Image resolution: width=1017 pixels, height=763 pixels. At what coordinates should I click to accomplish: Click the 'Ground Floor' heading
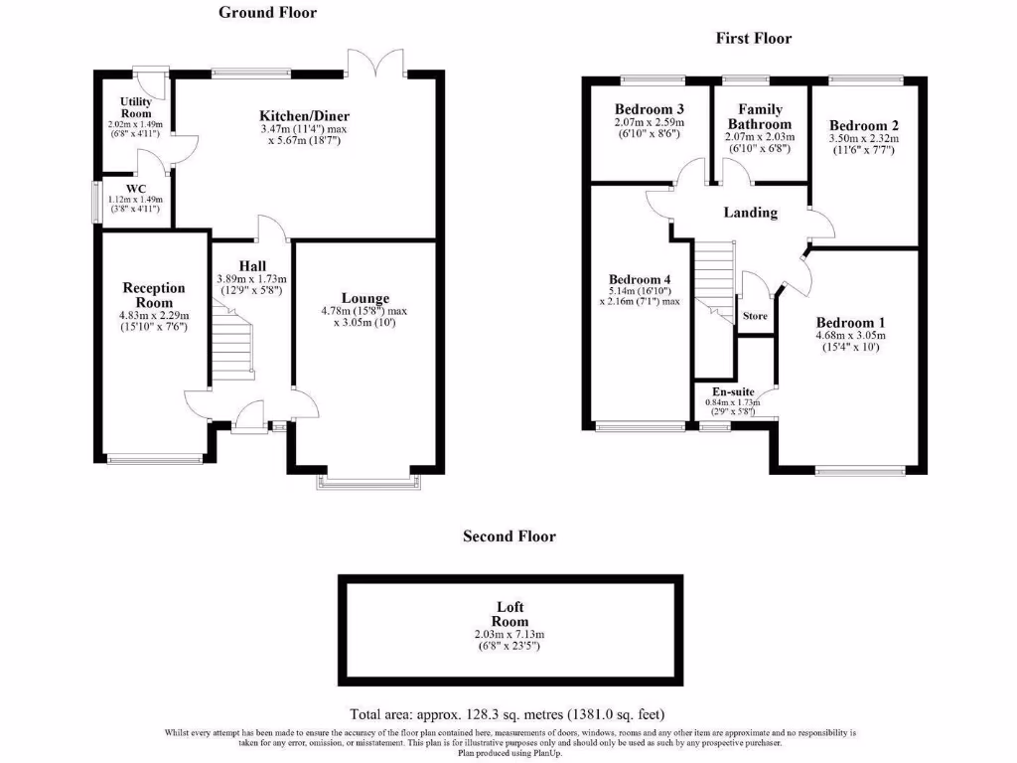pos(267,13)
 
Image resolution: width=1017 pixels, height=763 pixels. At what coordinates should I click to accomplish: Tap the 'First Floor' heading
pos(754,38)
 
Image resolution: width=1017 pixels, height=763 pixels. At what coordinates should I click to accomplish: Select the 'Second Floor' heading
pos(509,536)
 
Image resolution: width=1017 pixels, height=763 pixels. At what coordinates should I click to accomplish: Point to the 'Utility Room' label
pos(136,108)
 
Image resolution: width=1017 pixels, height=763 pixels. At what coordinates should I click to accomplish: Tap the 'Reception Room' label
pos(154,295)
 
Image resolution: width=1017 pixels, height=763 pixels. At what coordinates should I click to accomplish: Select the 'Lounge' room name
pos(364,298)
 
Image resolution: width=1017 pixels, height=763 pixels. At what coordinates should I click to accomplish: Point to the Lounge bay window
pos(364,483)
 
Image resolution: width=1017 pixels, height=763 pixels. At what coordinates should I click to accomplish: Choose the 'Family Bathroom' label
pos(760,116)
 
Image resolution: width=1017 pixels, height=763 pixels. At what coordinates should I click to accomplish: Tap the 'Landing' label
pos(750,213)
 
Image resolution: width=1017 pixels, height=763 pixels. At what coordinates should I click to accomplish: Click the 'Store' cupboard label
pos(756,316)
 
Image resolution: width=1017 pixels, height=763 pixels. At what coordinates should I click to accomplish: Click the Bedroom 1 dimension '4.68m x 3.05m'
pos(850,336)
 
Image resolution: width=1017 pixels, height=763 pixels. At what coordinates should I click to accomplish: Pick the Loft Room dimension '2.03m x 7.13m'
pos(510,634)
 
